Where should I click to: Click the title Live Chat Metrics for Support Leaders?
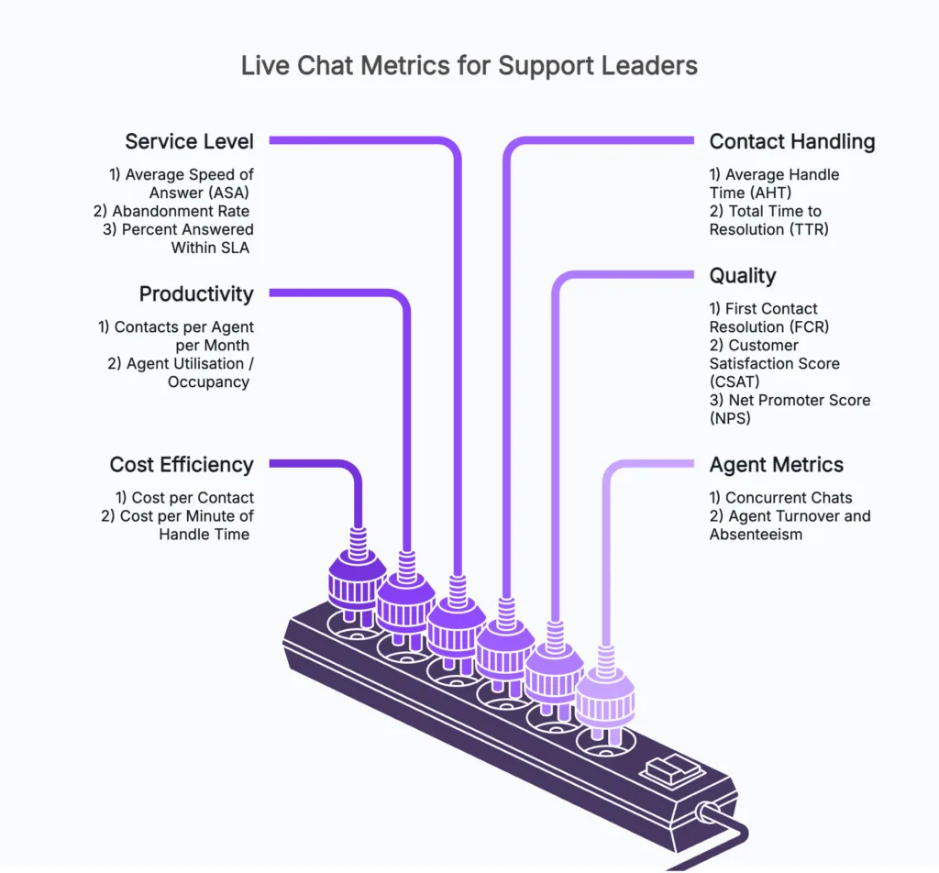click(x=469, y=66)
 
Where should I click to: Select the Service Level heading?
click(x=189, y=141)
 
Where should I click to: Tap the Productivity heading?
click(x=195, y=293)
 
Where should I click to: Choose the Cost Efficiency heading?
click(x=181, y=464)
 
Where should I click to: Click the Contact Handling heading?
click(x=791, y=141)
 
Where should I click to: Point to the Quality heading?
click(x=742, y=275)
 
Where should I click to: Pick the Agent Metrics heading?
click(x=776, y=464)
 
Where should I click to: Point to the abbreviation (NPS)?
click(x=730, y=418)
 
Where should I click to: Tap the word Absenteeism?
click(x=756, y=535)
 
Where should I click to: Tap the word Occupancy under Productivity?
click(x=208, y=381)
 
